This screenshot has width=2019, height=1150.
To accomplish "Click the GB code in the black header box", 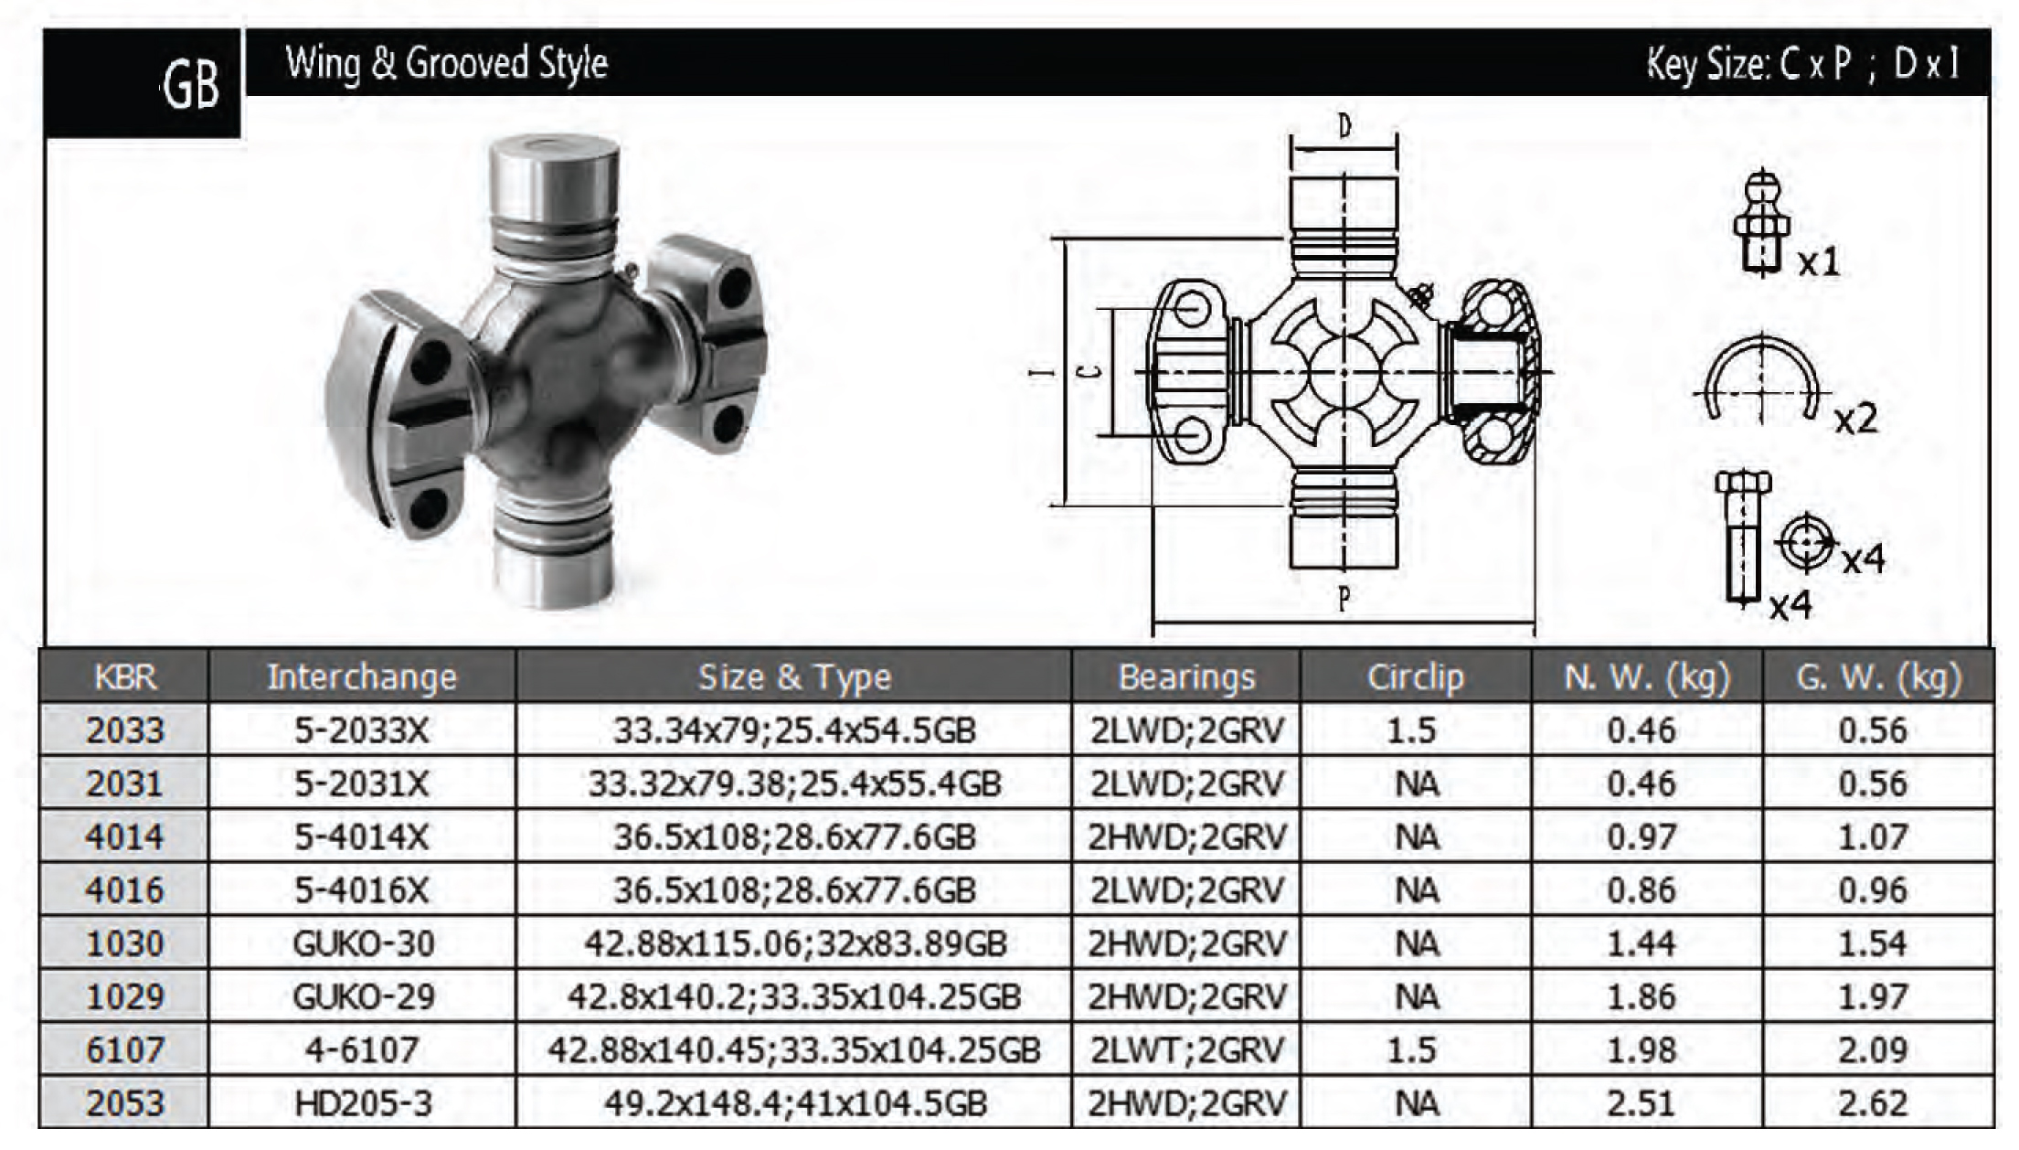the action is pyautogui.click(x=192, y=86).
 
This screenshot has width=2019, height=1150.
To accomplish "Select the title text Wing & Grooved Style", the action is pyautogui.click(x=447, y=63).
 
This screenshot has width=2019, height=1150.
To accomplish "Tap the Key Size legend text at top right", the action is pyautogui.click(x=1803, y=63).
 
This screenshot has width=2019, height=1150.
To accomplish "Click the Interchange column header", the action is pyautogui.click(x=362, y=677).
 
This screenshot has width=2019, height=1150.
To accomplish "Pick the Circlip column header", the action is pyautogui.click(x=1416, y=677).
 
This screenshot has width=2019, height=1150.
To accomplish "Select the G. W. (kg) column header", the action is pyautogui.click(x=1878, y=677).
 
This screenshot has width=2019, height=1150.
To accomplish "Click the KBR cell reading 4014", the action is pyautogui.click(x=124, y=836).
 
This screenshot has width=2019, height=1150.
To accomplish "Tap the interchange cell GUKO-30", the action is pyautogui.click(x=363, y=943).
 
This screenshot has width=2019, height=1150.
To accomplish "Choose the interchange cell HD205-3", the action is pyautogui.click(x=363, y=1103).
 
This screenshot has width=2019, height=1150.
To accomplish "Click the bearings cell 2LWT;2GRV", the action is pyautogui.click(x=1187, y=1050).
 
